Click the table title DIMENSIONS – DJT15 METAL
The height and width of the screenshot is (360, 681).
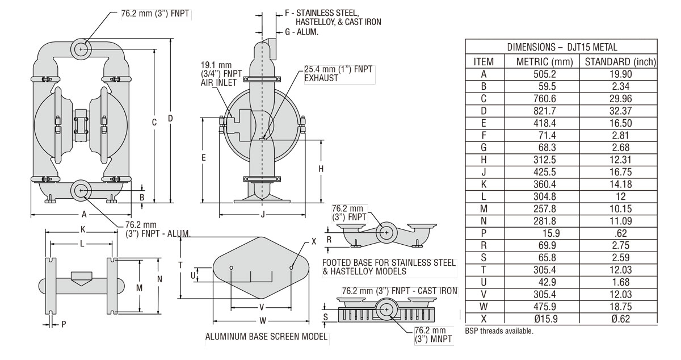561,48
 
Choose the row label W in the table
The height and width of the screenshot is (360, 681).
483,307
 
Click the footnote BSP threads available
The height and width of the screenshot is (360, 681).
499,331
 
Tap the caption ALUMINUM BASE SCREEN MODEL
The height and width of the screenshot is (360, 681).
266,337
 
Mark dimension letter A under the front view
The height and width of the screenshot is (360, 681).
83,215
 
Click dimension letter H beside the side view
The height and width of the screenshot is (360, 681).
321,169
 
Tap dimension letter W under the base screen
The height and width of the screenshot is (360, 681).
262,319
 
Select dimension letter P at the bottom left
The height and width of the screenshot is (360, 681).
64,324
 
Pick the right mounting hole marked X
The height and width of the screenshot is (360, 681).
292,267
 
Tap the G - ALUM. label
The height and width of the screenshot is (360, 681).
301,32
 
